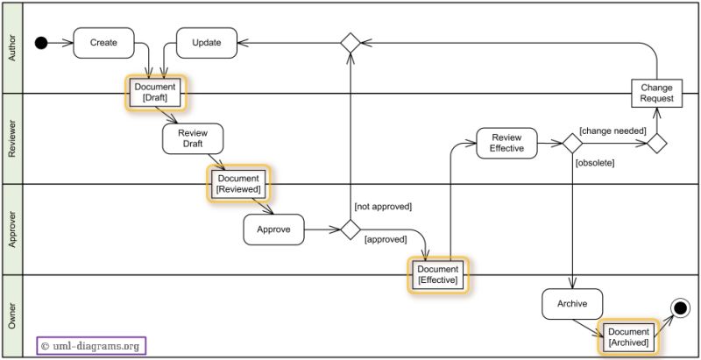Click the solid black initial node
40,43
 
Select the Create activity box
103,42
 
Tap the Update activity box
207,42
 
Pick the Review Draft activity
193,138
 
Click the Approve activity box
273,229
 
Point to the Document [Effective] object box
437,274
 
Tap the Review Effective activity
506,143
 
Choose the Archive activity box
572,304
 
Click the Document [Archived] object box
627,337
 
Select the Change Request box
656,94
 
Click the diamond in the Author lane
350,43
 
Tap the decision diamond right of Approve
350,229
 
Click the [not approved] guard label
382,207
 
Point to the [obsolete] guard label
595,163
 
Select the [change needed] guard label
612,131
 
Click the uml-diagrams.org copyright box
91,346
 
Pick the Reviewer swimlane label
11,138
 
